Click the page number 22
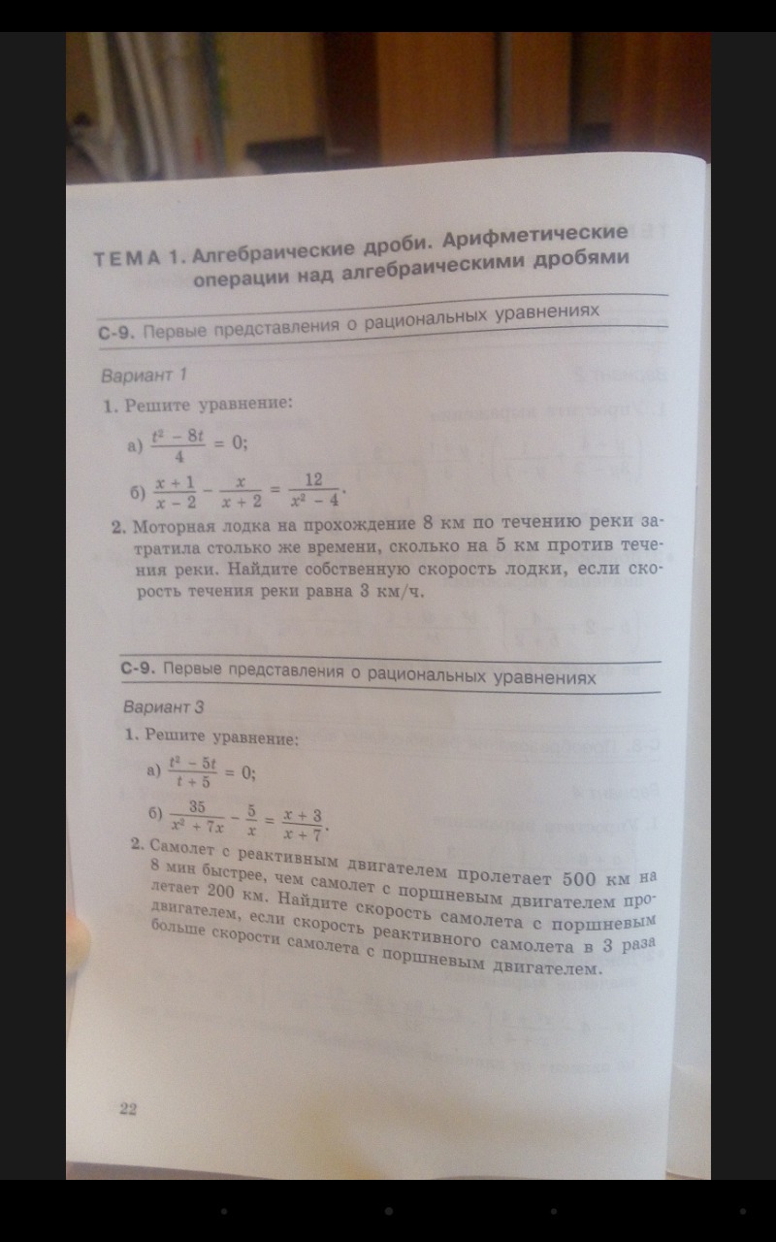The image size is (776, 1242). point(127,1109)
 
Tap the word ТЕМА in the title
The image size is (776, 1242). point(126,260)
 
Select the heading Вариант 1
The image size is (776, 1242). point(143,375)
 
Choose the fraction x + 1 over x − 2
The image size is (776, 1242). point(177,491)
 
